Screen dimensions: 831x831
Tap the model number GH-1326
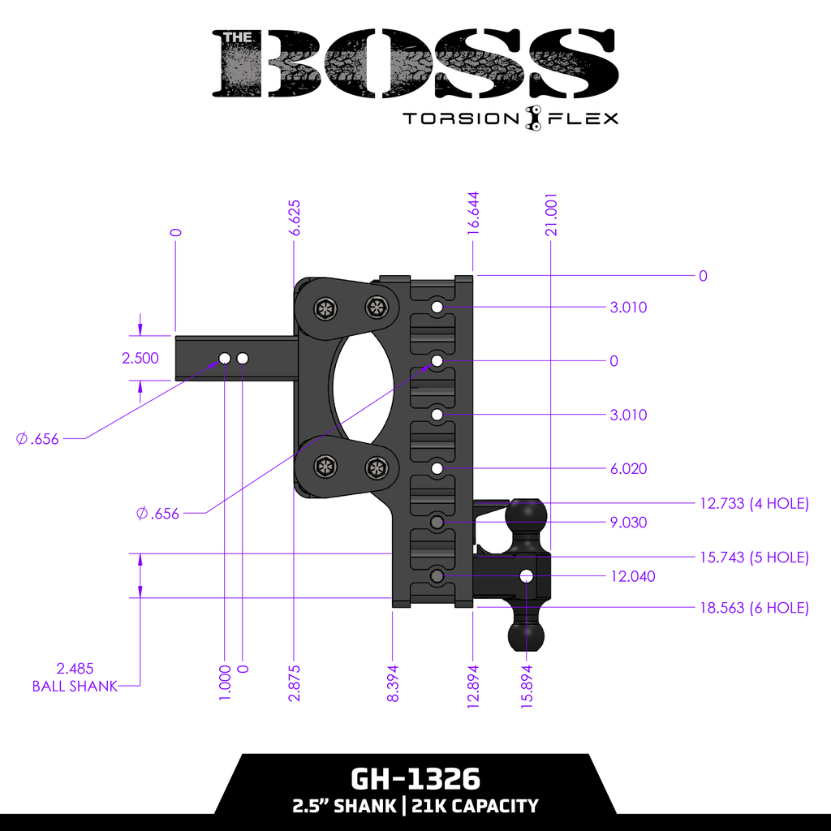pyautogui.click(x=415, y=780)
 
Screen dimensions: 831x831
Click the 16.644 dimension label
pyautogui.click(x=473, y=214)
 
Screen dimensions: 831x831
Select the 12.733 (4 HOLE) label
pyautogui.click(x=754, y=504)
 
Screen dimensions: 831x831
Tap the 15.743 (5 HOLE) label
pyautogui.click(x=754, y=558)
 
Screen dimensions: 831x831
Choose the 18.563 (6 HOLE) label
pyautogui.click(x=754, y=608)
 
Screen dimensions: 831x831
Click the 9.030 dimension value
pyautogui.click(x=628, y=523)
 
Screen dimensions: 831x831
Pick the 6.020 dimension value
pyautogui.click(x=628, y=469)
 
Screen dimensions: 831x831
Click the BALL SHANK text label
pyautogui.click(x=75, y=686)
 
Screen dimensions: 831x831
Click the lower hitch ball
pyautogui.click(x=527, y=636)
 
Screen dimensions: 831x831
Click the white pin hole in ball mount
pyautogui.click(x=527, y=576)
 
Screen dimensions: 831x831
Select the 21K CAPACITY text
pyautogui.click(x=475, y=807)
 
